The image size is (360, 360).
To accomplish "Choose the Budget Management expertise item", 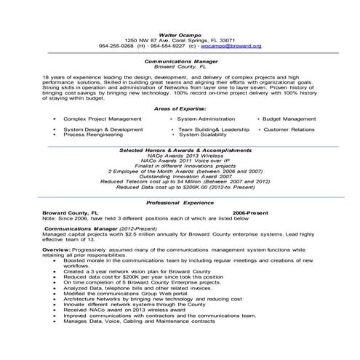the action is pyautogui.click(x=290, y=117).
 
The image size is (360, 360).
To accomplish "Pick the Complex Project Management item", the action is pyautogui.click(x=102, y=117).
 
